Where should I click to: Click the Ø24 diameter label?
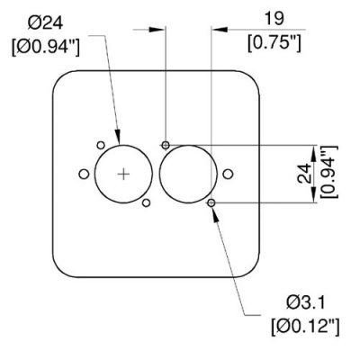coord(45,23)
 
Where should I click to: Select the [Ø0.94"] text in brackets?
coord(46,48)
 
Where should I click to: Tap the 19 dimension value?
coord(274,19)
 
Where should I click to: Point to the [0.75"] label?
coord(274,43)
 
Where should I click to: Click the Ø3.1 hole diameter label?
coord(306,302)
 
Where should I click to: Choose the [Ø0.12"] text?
coord(306,327)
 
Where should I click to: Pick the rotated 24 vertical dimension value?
coord(304,174)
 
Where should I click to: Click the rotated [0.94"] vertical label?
coord(329,172)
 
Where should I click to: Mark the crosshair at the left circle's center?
coord(123,174)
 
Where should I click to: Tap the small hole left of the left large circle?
coord(84,174)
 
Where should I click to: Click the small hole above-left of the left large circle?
coord(101,145)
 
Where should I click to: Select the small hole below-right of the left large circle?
coord(146,203)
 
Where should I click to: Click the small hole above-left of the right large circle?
coord(166,146)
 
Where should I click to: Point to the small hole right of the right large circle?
coord(228,174)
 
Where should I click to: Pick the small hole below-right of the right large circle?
coord(211,203)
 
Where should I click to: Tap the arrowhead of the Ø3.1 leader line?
coord(214,214)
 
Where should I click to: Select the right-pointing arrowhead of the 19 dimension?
coord(157,30)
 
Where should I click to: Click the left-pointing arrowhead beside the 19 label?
coord(220,30)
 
